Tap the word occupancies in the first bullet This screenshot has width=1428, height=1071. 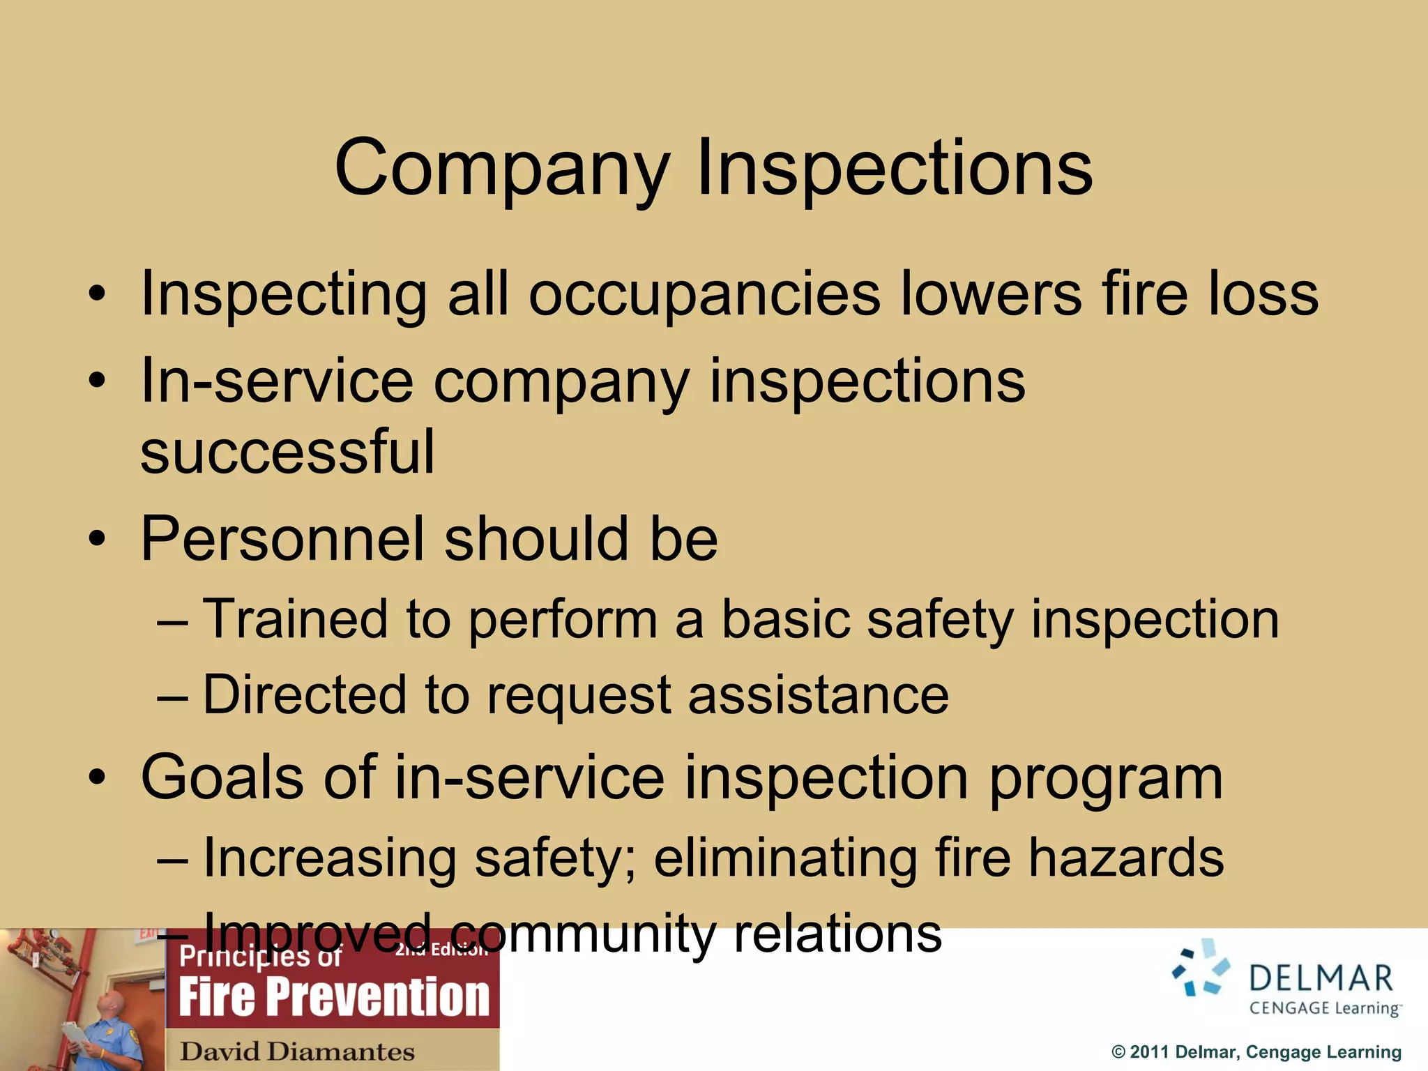(x=704, y=294)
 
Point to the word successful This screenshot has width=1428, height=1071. (x=287, y=451)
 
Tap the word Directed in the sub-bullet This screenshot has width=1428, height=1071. (x=304, y=694)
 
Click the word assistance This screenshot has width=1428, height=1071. (x=819, y=694)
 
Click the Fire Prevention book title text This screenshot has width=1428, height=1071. (x=334, y=997)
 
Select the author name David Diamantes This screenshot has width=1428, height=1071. (x=297, y=1051)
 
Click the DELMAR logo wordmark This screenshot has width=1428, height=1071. (x=1321, y=978)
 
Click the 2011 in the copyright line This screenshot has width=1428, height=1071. (x=1150, y=1052)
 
